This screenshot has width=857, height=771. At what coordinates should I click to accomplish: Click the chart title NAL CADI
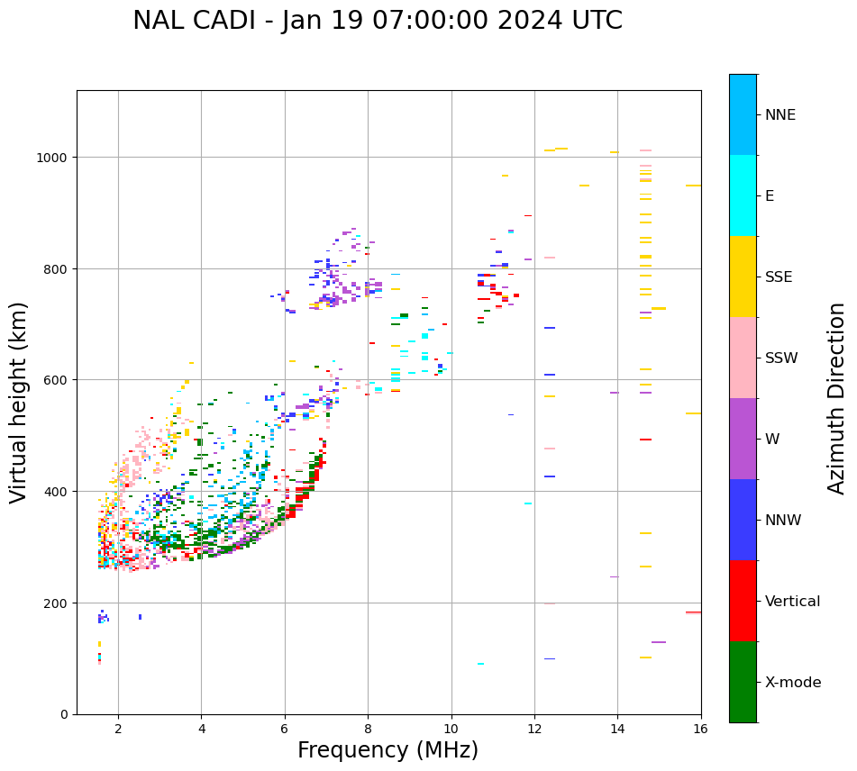pos(377,21)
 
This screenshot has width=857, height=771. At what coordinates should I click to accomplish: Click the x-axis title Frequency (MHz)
pos(387,750)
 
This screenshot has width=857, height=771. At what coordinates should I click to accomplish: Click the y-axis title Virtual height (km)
pos(19,403)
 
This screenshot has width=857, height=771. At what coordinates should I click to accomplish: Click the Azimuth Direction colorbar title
pos(837,398)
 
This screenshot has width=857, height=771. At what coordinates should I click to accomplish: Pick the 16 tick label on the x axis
pos(700,730)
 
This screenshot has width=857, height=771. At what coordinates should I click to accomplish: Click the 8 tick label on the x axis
pos(368,730)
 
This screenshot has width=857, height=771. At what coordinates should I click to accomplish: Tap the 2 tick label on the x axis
pos(118,730)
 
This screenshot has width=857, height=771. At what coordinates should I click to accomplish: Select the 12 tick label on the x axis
pos(534,730)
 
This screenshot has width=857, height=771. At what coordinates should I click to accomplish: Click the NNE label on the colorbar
pos(780,114)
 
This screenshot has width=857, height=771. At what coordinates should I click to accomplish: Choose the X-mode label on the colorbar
pos(793,682)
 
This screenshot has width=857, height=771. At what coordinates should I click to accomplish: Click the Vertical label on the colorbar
pos(793,601)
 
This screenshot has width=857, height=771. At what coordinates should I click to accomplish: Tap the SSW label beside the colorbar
pos(781,358)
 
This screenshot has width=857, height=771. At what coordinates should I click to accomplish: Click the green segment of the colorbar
pos(743,682)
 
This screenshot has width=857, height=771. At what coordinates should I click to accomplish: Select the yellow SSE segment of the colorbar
pos(743,277)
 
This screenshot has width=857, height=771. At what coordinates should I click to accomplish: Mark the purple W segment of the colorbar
pos(743,439)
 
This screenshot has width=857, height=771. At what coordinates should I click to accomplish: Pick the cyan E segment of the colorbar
pos(743,195)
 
